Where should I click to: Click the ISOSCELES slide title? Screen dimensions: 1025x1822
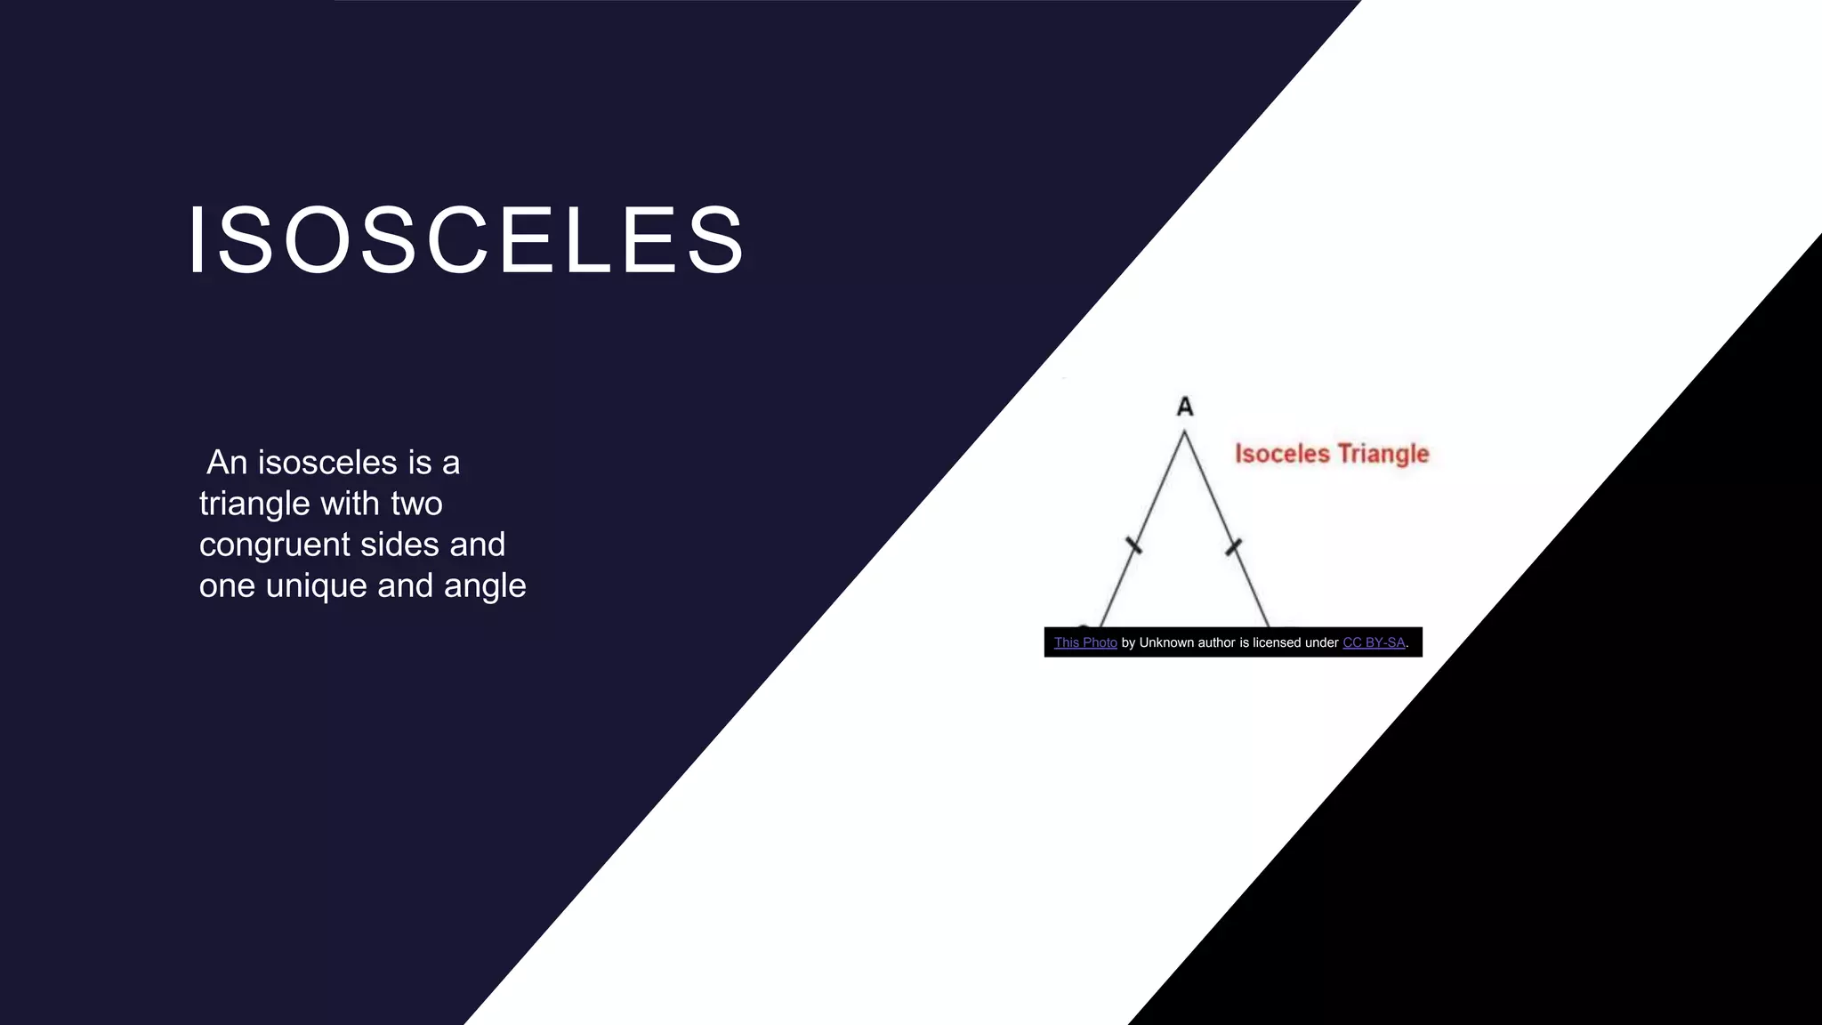point(465,240)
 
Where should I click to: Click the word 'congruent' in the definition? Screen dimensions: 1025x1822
point(274,545)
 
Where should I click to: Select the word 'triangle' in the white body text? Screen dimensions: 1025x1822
point(254,504)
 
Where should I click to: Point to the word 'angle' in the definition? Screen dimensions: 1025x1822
point(485,585)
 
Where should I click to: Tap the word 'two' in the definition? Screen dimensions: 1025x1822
point(416,504)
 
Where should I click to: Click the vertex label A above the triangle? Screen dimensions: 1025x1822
point(1184,407)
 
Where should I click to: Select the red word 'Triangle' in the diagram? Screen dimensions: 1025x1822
point(1383,454)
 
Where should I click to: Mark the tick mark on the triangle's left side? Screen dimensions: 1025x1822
point(1133,545)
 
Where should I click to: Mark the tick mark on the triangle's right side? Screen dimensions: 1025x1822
point(1233,545)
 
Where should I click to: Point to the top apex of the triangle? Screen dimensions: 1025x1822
point(1184,433)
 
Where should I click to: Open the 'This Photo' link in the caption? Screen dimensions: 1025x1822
point(1085,642)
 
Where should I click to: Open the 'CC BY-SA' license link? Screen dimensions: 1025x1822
point(1374,642)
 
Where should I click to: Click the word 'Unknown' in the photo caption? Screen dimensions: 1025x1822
point(1166,642)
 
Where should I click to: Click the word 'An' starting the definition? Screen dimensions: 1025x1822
point(227,463)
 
